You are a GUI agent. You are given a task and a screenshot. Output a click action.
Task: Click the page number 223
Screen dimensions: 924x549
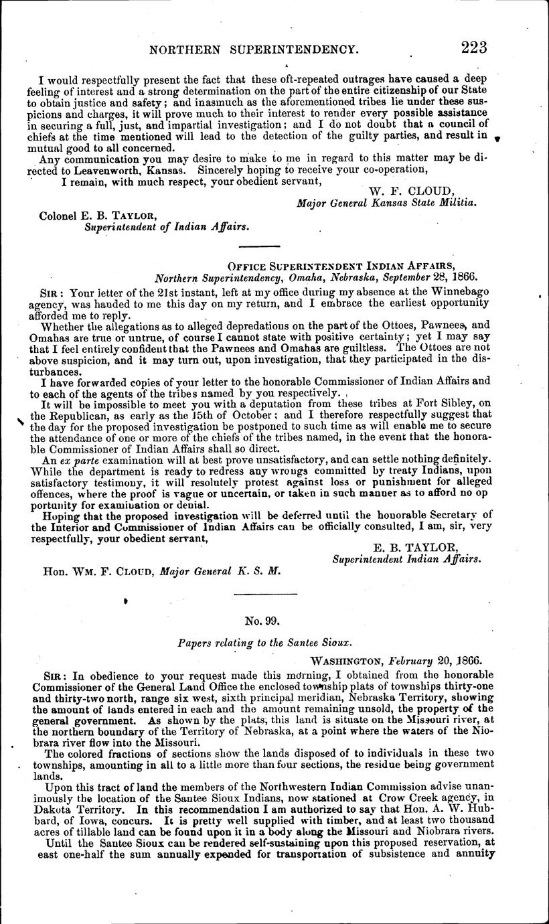[x=473, y=48]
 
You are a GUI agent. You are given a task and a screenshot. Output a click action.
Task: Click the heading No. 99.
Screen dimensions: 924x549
[x=258, y=621]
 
